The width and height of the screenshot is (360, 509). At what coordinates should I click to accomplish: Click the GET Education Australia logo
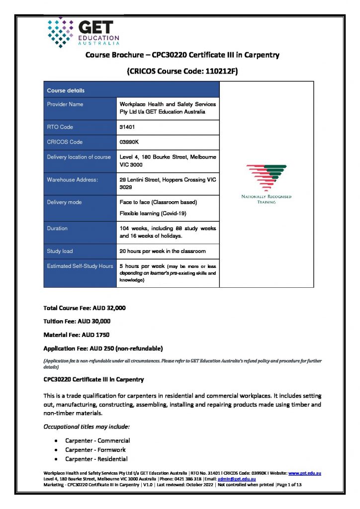(x=83, y=32)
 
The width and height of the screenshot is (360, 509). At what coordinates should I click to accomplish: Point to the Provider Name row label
(x=65, y=104)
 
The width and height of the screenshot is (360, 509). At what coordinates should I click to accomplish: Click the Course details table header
(x=66, y=90)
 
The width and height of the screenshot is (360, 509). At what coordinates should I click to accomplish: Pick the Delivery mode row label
(x=64, y=202)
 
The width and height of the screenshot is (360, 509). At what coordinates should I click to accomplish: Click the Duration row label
(x=57, y=229)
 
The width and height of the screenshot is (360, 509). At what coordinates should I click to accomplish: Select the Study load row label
(x=60, y=251)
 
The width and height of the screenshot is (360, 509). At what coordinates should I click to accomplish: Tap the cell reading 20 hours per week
(x=163, y=251)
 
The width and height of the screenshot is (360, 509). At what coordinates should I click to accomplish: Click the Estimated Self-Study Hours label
(x=80, y=266)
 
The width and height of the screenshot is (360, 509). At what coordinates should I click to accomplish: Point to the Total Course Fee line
(x=85, y=308)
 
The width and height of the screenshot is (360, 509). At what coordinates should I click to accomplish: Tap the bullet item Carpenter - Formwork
(x=95, y=449)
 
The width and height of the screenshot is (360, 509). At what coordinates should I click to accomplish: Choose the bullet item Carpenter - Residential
(x=96, y=459)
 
